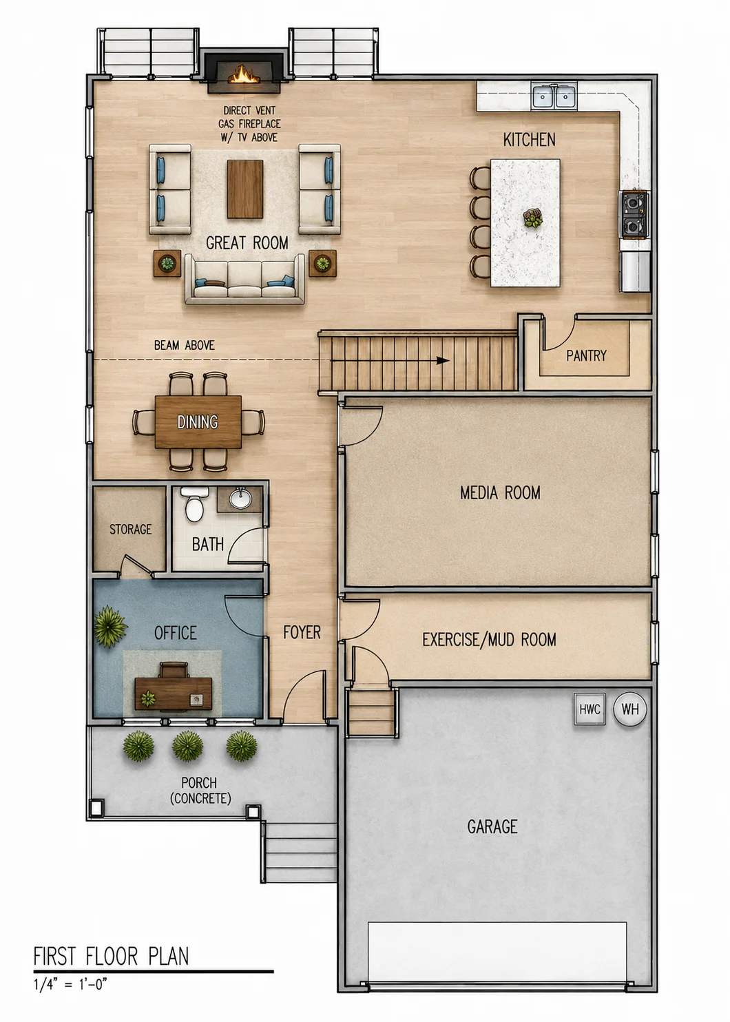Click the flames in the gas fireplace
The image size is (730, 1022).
point(245,74)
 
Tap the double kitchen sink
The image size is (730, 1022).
point(554,96)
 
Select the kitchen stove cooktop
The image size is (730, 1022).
point(634,214)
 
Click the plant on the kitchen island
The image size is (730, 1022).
point(532,218)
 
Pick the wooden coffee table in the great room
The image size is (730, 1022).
point(245,189)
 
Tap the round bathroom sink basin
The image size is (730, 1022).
point(240,498)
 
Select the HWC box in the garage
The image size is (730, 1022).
point(590,709)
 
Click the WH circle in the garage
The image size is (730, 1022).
point(630,709)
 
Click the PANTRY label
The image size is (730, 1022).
point(586,355)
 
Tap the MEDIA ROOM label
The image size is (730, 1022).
point(500,493)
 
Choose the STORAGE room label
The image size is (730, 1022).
point(130,529)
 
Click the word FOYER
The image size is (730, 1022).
point(302,632)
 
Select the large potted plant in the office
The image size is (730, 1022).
point(110,626)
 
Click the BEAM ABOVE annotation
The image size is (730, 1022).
point(185,346)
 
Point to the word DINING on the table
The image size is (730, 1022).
point(198,422)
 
